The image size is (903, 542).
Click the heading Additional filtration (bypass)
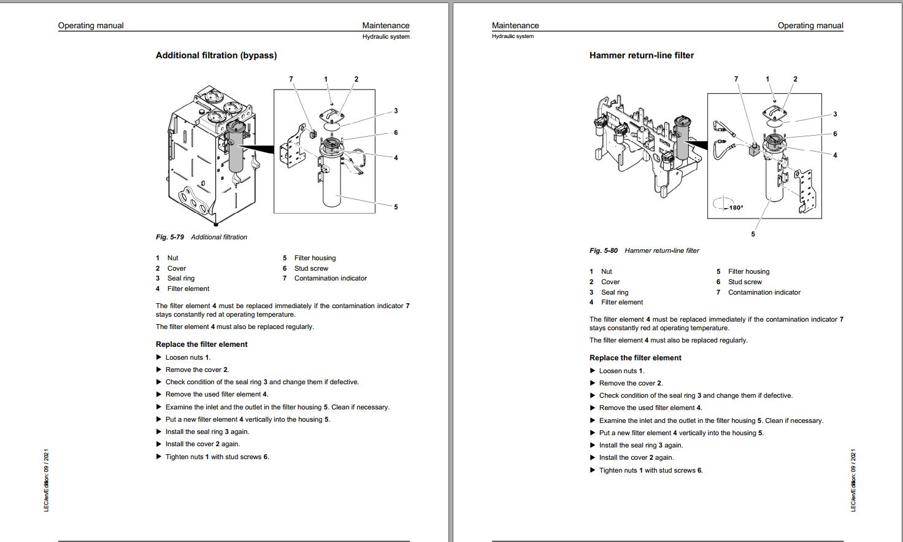tap(216, 55)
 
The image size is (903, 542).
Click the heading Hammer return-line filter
tap(641, 55)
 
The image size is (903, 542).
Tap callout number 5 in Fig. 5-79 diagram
tap(396, 207)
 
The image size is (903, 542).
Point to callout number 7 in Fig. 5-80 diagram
tap(736, 79)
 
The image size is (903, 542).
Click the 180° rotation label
tap(736, 207)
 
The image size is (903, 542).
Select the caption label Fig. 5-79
tap(170, 237)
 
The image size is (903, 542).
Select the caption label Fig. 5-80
tap(604, 250)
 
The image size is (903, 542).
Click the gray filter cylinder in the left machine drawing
tap(236, 150)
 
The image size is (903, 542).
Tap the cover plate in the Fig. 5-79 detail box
tap(331, 115)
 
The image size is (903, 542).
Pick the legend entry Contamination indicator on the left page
tap(330, 278)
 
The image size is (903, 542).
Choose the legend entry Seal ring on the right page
tap(614, 292)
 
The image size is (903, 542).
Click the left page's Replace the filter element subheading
tap(201, 344)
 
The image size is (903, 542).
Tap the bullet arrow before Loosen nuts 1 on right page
tap(593, 371)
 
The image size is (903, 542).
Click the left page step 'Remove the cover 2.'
tap(196, 370)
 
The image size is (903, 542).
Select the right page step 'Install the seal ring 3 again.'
tap(640, 445)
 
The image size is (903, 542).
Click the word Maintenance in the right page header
tap(515, 26)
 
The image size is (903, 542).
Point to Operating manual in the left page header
tap(91, 26)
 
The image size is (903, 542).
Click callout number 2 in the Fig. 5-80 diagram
tap(796, 79)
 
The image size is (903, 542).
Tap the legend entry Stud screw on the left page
tap(311, 268)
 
